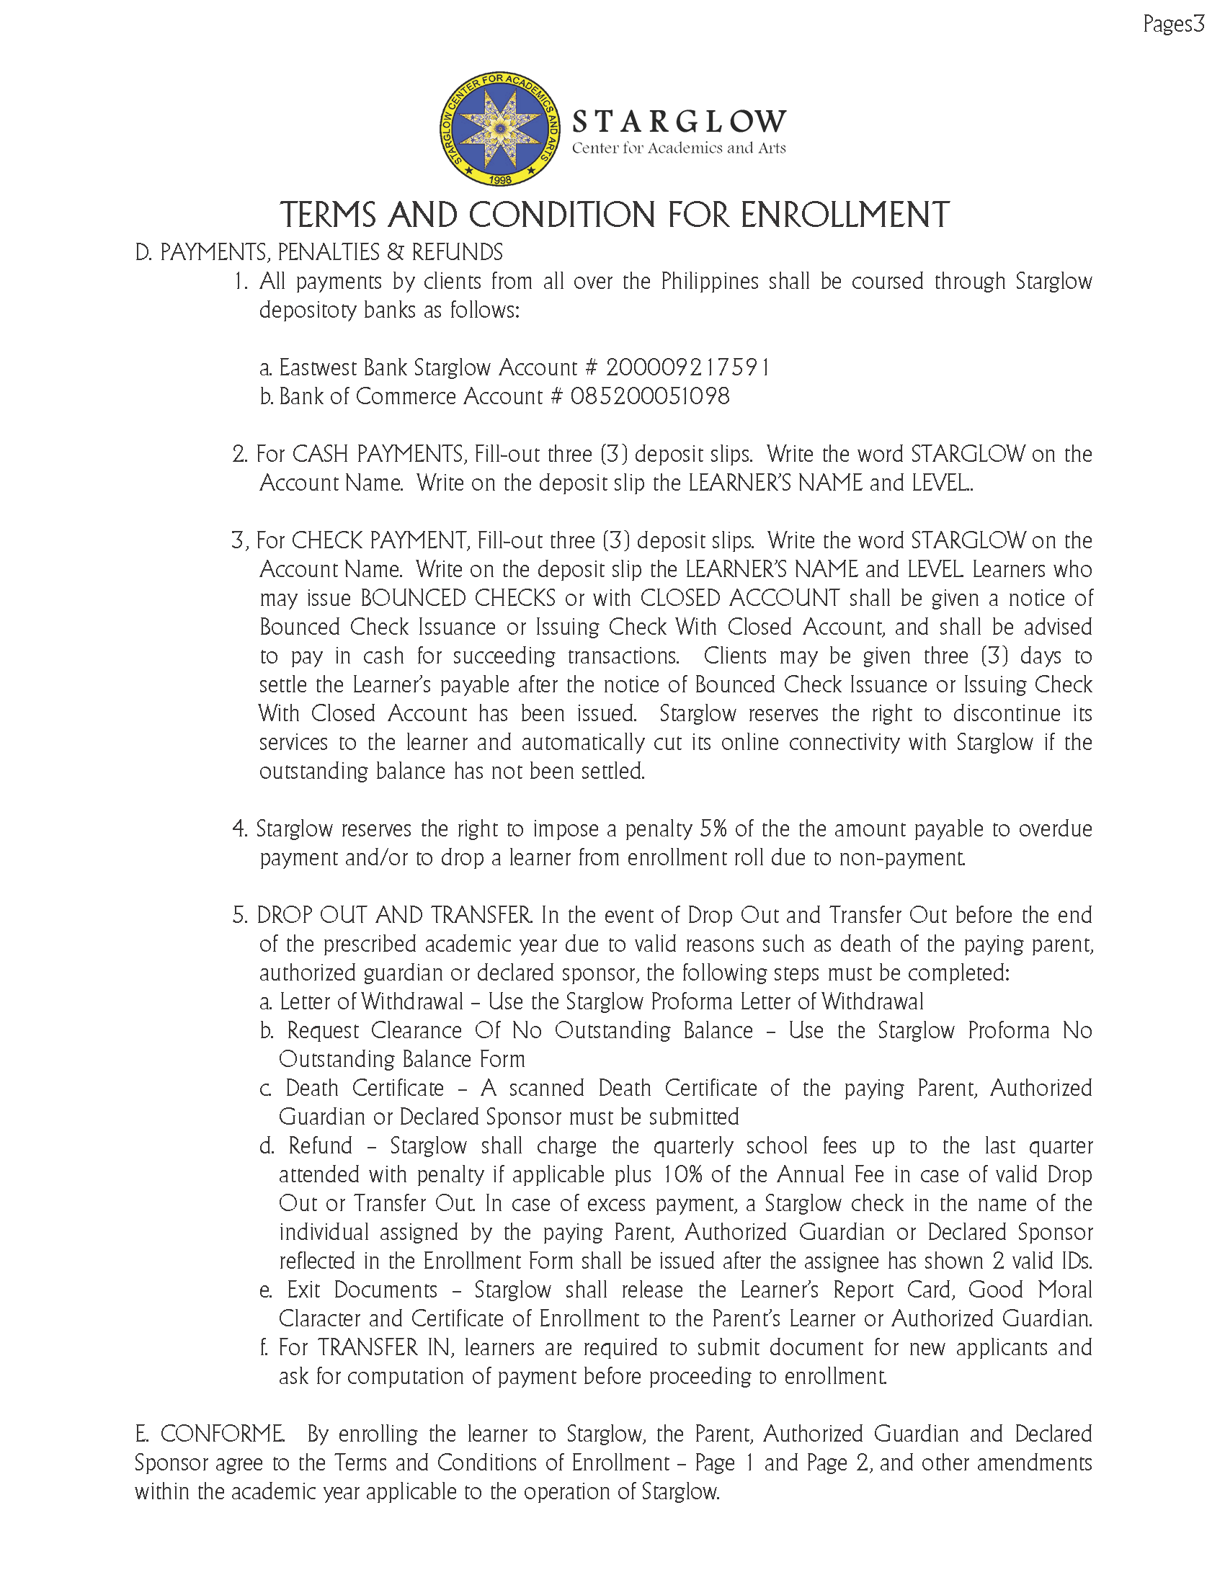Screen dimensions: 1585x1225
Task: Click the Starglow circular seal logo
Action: (500, 128)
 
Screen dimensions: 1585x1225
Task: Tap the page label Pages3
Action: (1173, 24)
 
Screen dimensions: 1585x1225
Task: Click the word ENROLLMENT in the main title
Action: (845, 215)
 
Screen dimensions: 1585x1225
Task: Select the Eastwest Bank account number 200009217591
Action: (688, 368)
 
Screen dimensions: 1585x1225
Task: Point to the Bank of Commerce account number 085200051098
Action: (649, 396)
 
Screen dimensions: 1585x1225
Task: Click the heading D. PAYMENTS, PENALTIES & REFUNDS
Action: (318, 253)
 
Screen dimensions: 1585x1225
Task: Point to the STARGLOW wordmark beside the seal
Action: (679, 121)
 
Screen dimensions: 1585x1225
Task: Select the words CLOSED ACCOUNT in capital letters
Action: (739, 598)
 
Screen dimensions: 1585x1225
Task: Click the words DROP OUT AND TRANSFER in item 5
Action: (393, 915)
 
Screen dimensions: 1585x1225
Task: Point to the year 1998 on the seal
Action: (500, 179)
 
